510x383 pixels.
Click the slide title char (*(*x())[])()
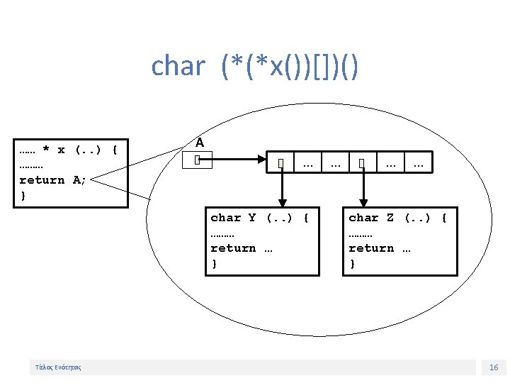(x=255, y=67)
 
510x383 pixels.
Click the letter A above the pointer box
(x=200, y=143)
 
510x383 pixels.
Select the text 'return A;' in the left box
(x=52, y=180)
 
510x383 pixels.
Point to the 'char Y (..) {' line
(x=260, y=218)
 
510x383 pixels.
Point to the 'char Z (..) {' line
(x=397, y=218)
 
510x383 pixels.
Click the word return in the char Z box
(x=371, y=248)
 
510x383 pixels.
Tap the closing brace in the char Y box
(x=215, y=264)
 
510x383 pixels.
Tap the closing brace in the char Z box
(x=353, y=264)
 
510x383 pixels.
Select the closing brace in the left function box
(x=23, y=195)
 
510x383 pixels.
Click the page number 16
(x=494, y=367)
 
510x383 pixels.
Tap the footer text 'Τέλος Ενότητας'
(x=58, y=367)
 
